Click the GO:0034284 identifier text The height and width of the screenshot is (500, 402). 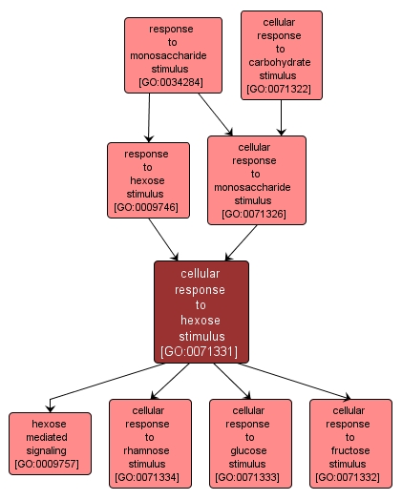point(173,83)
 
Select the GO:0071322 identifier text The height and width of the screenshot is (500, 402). point(281,90)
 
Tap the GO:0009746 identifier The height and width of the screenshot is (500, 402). point(146,207)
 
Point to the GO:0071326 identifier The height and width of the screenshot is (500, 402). point(256,214)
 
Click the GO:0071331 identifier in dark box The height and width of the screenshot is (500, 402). point(201,351)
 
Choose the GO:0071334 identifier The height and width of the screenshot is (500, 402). point(150,476)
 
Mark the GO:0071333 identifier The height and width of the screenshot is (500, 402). point(250,476)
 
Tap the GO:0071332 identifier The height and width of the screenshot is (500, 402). point(350,476)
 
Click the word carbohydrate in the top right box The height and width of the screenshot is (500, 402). point(281,62)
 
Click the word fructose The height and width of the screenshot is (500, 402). point(350,449)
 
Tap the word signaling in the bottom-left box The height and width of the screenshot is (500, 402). point(50,449)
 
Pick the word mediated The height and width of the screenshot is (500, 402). point(50,436)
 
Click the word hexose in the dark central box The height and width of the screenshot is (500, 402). point(201,321)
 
